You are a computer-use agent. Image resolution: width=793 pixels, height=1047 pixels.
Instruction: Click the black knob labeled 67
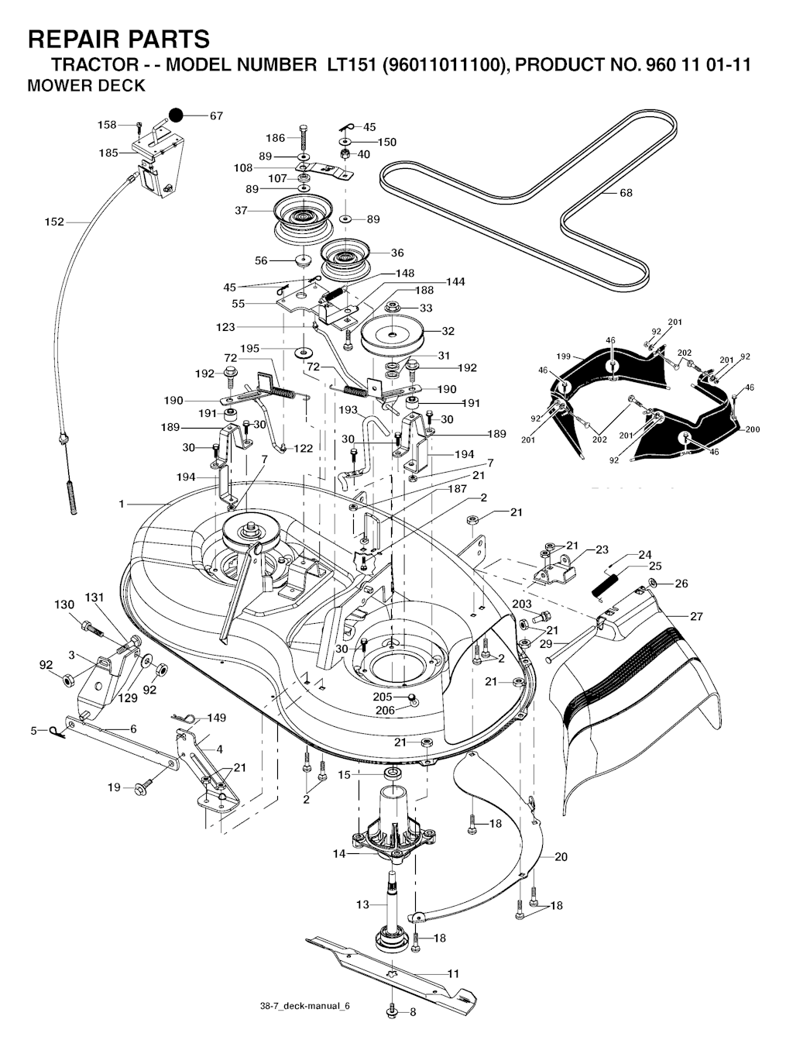tap(177, 115)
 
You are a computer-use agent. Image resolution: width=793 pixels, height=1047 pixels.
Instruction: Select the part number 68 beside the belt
tap(626, 193)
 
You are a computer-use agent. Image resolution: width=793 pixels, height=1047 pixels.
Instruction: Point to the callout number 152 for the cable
tap(53, 222)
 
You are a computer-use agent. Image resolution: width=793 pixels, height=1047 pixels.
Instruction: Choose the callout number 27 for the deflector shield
tap(696, 617)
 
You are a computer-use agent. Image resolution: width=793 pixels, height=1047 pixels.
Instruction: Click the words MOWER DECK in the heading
tap(86, 86)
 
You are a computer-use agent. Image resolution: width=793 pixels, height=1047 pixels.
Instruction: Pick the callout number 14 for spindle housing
tap(339, 854)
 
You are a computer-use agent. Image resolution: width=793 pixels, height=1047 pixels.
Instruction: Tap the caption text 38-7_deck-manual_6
tap(305, 1006)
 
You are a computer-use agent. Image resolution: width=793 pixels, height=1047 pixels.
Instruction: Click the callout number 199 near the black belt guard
tap(563, 356)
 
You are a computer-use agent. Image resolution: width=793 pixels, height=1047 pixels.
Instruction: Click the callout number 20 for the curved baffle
tap(561, 856)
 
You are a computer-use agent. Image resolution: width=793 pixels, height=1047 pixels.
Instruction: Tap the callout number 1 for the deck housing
tap(122, 505)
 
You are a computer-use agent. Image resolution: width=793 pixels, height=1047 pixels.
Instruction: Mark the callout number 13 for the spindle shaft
tap(362, 904)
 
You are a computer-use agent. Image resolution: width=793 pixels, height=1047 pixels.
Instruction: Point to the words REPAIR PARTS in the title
tap(118, 39)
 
